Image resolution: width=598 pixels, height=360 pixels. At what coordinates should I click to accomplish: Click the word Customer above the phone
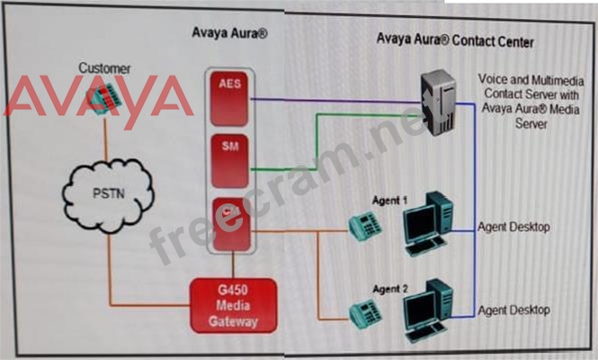click(x=104, y=67)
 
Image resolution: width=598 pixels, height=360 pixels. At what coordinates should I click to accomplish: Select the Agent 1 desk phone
click(x=366, y=229)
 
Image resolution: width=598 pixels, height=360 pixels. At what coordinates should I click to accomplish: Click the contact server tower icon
click(x=442, y=104)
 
